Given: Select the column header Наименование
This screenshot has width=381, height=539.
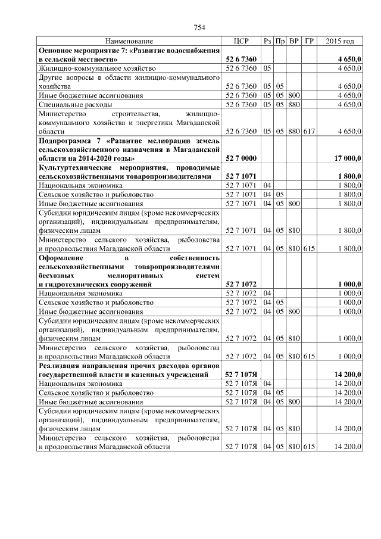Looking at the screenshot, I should pyautogui.click(x=129, y=41).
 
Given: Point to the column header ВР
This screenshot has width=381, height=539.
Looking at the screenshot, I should pyautogui.click(x=293, y=41).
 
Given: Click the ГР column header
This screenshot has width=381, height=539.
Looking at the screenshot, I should pyautogui.click(x=309, y=41).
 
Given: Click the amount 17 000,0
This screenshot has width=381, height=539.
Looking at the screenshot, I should pyautogui.click(x=347, y=159).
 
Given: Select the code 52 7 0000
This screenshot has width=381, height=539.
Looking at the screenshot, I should pyautogui.click(x=241, y=159).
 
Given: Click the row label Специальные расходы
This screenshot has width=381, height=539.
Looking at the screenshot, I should pyautogui.click(x=74, y=104).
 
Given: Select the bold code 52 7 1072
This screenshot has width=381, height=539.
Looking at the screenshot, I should pyautogui.click(x=241, y=285).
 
